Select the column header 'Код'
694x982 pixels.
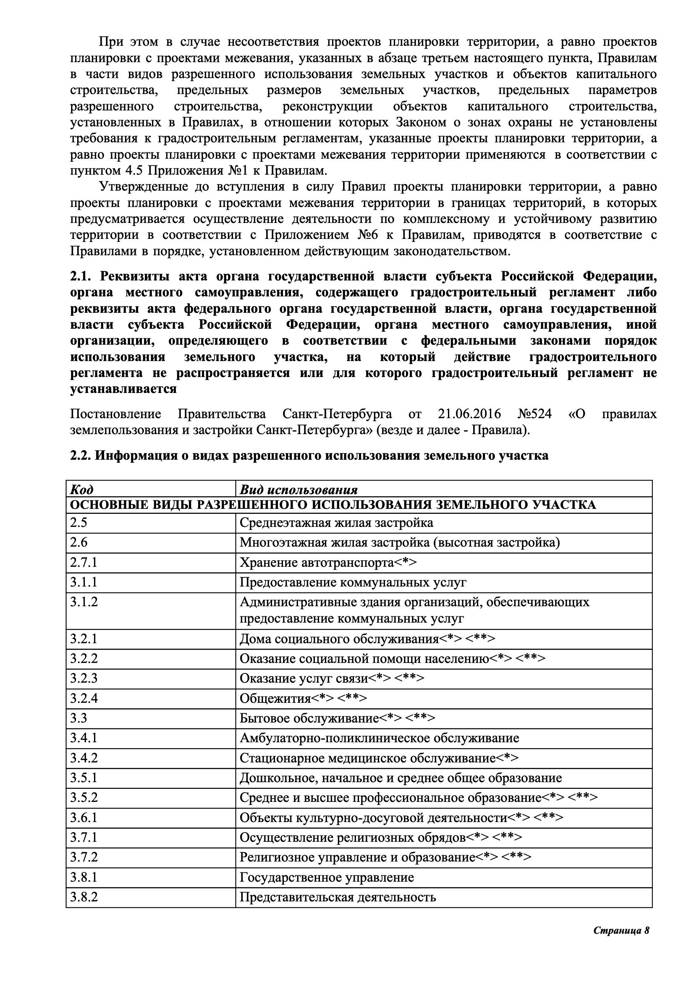(x=81, y=489)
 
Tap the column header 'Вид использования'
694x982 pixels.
(x=299, y=489)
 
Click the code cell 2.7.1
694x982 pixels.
(x=84, y=563)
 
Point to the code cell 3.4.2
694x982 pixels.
(x=84, y=758)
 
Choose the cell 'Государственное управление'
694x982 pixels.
(x=327, y=877)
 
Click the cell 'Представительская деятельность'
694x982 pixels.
(x=338, y=897)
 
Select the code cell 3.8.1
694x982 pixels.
(x=84, y=877)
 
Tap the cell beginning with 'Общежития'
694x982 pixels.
(x=303, y=699)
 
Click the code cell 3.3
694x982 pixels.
(x=79, y=718)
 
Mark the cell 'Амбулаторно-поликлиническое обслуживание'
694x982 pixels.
(x=379, y=738)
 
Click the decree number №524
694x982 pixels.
(x=534, y=414)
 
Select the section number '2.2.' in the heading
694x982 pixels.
(x=80, y=456)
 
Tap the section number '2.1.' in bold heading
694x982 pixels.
(x=80, y=276)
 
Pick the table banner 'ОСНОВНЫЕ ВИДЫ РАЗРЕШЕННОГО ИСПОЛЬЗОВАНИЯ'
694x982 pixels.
(x=333, y=505)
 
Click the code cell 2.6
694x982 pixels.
(x=79, y=542)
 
